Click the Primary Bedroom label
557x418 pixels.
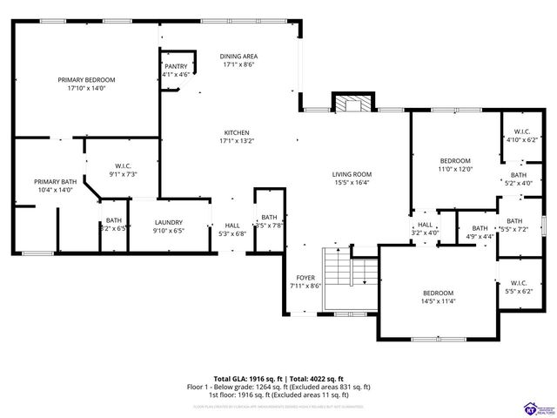click(x=86, y=79)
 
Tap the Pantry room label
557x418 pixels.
click(x=176, y=65)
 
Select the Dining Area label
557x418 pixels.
click(x=239, y=56)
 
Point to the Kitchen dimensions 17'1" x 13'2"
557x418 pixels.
click(x=237, y=141)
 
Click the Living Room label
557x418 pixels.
click(x=352, y=174)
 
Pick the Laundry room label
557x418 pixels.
click(x=169, y=222)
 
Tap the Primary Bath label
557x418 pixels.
click(x=57, y=181)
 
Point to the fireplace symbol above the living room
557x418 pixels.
click(x=352, y=104)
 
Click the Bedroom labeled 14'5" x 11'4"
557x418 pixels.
click(x=438, y=293)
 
